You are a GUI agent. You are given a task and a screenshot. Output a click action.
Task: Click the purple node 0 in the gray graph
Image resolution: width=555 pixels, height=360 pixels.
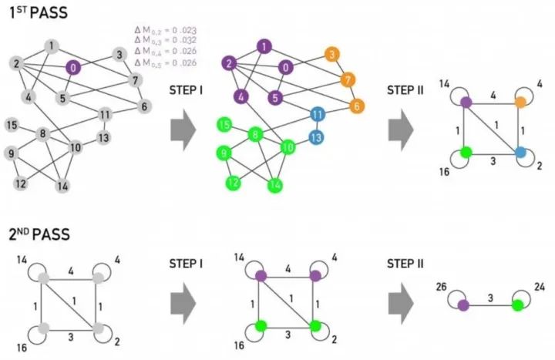(72, 67)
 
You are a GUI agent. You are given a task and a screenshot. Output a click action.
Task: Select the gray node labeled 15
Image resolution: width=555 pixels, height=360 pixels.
(12, 125)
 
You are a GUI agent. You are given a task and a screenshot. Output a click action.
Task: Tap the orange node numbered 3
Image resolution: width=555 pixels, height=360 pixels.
(331, 55)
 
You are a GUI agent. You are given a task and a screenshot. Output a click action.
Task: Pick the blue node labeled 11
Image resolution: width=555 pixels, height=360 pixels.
(318, 114)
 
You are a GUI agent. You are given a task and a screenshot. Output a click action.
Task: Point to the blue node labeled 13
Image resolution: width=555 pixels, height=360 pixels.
(315, 136)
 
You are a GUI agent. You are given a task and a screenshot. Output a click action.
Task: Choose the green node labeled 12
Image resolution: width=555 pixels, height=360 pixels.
(232, 183)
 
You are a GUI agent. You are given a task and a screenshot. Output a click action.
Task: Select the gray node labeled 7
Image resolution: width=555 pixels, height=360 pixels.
(135, 80)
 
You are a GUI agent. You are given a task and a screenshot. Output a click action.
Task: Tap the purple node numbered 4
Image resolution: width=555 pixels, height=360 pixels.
(241, 97)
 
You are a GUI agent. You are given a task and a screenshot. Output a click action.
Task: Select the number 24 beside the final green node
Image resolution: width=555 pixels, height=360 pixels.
(539, 287)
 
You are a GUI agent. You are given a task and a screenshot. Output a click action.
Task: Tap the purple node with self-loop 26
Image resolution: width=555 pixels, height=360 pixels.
(463, 305)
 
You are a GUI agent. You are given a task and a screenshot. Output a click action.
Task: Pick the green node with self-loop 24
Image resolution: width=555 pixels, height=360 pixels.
(517, 305)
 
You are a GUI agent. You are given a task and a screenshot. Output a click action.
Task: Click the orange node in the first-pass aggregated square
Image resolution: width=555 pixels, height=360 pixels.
(520, 101)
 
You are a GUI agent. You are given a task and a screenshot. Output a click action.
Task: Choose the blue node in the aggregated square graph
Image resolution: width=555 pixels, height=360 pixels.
(520, 152)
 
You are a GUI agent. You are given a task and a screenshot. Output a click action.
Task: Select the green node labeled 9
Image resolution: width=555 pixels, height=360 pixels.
(225, 153)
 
